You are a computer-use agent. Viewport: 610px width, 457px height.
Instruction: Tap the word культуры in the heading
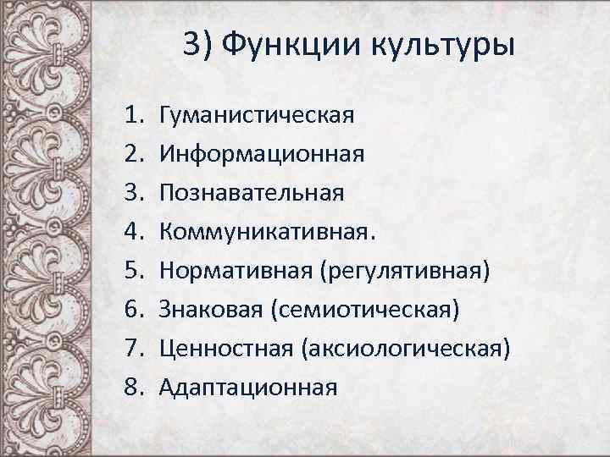tap(442, 44)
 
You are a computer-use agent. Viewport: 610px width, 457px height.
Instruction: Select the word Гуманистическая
tap(256, 114)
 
